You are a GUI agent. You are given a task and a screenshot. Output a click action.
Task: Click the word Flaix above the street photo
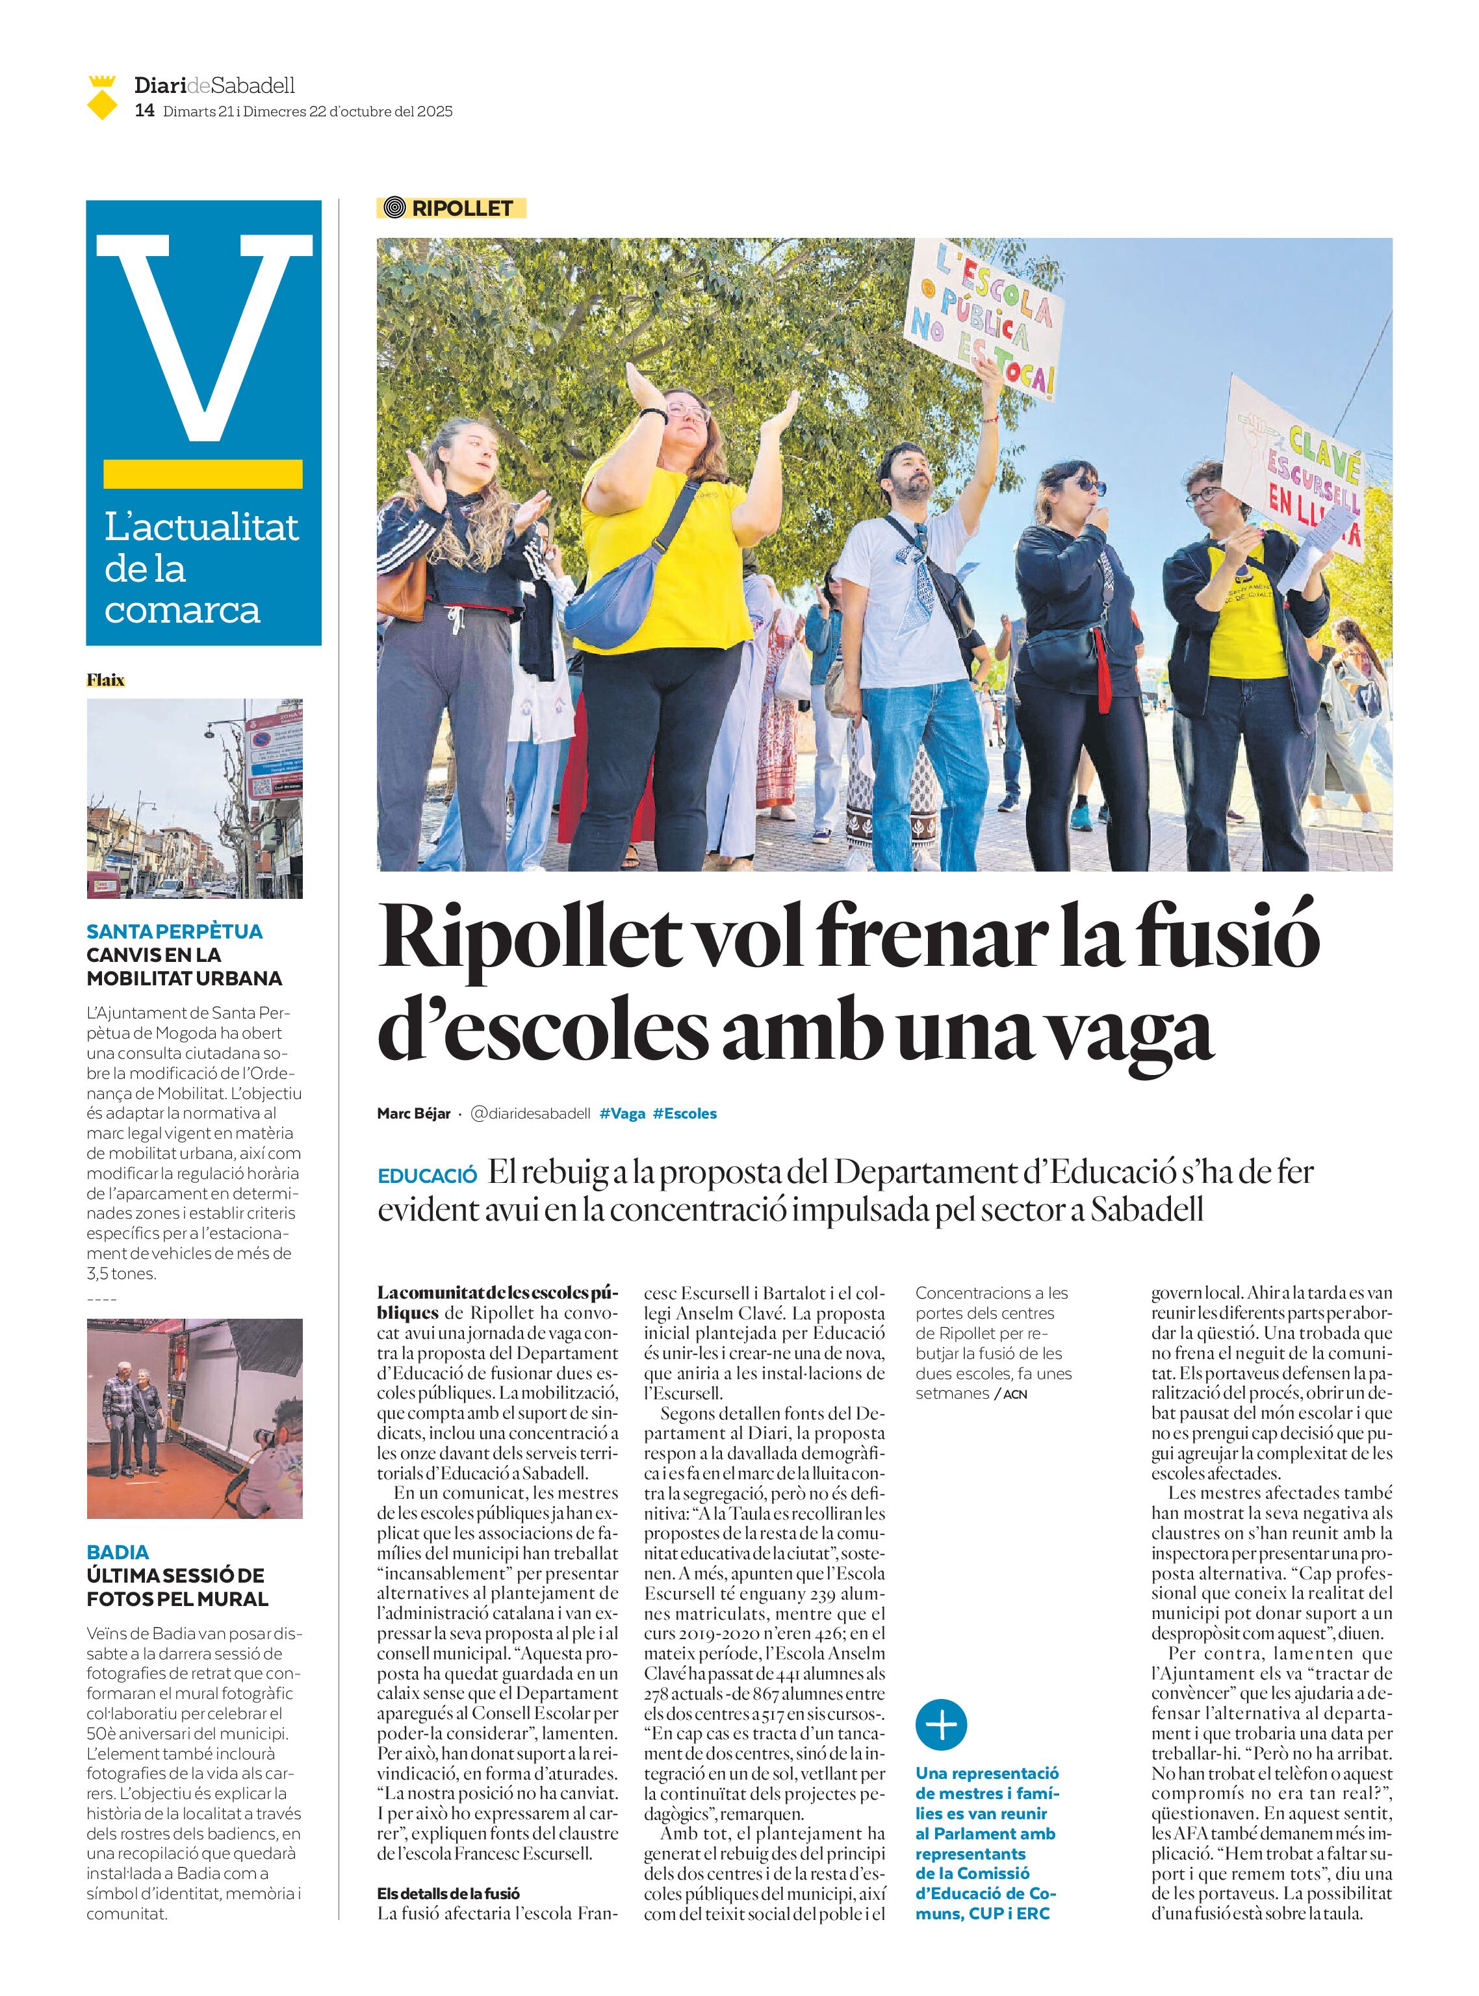tap(106, 680)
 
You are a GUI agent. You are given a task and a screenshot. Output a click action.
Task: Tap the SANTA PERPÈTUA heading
tap(175, 931)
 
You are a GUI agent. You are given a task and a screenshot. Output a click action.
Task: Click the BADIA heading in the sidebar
tap(117, 1552)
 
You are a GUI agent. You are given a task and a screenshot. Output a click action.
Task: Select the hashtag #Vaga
tap(623, 1113)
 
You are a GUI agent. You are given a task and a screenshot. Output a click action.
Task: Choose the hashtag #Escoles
tap(685, 1113)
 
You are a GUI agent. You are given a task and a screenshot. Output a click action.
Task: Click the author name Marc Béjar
tap(414, 1113)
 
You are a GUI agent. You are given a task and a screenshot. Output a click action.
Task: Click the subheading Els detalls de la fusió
tap(448, 1893)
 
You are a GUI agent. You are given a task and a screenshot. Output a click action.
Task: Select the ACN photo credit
tap(1014, 1394)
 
